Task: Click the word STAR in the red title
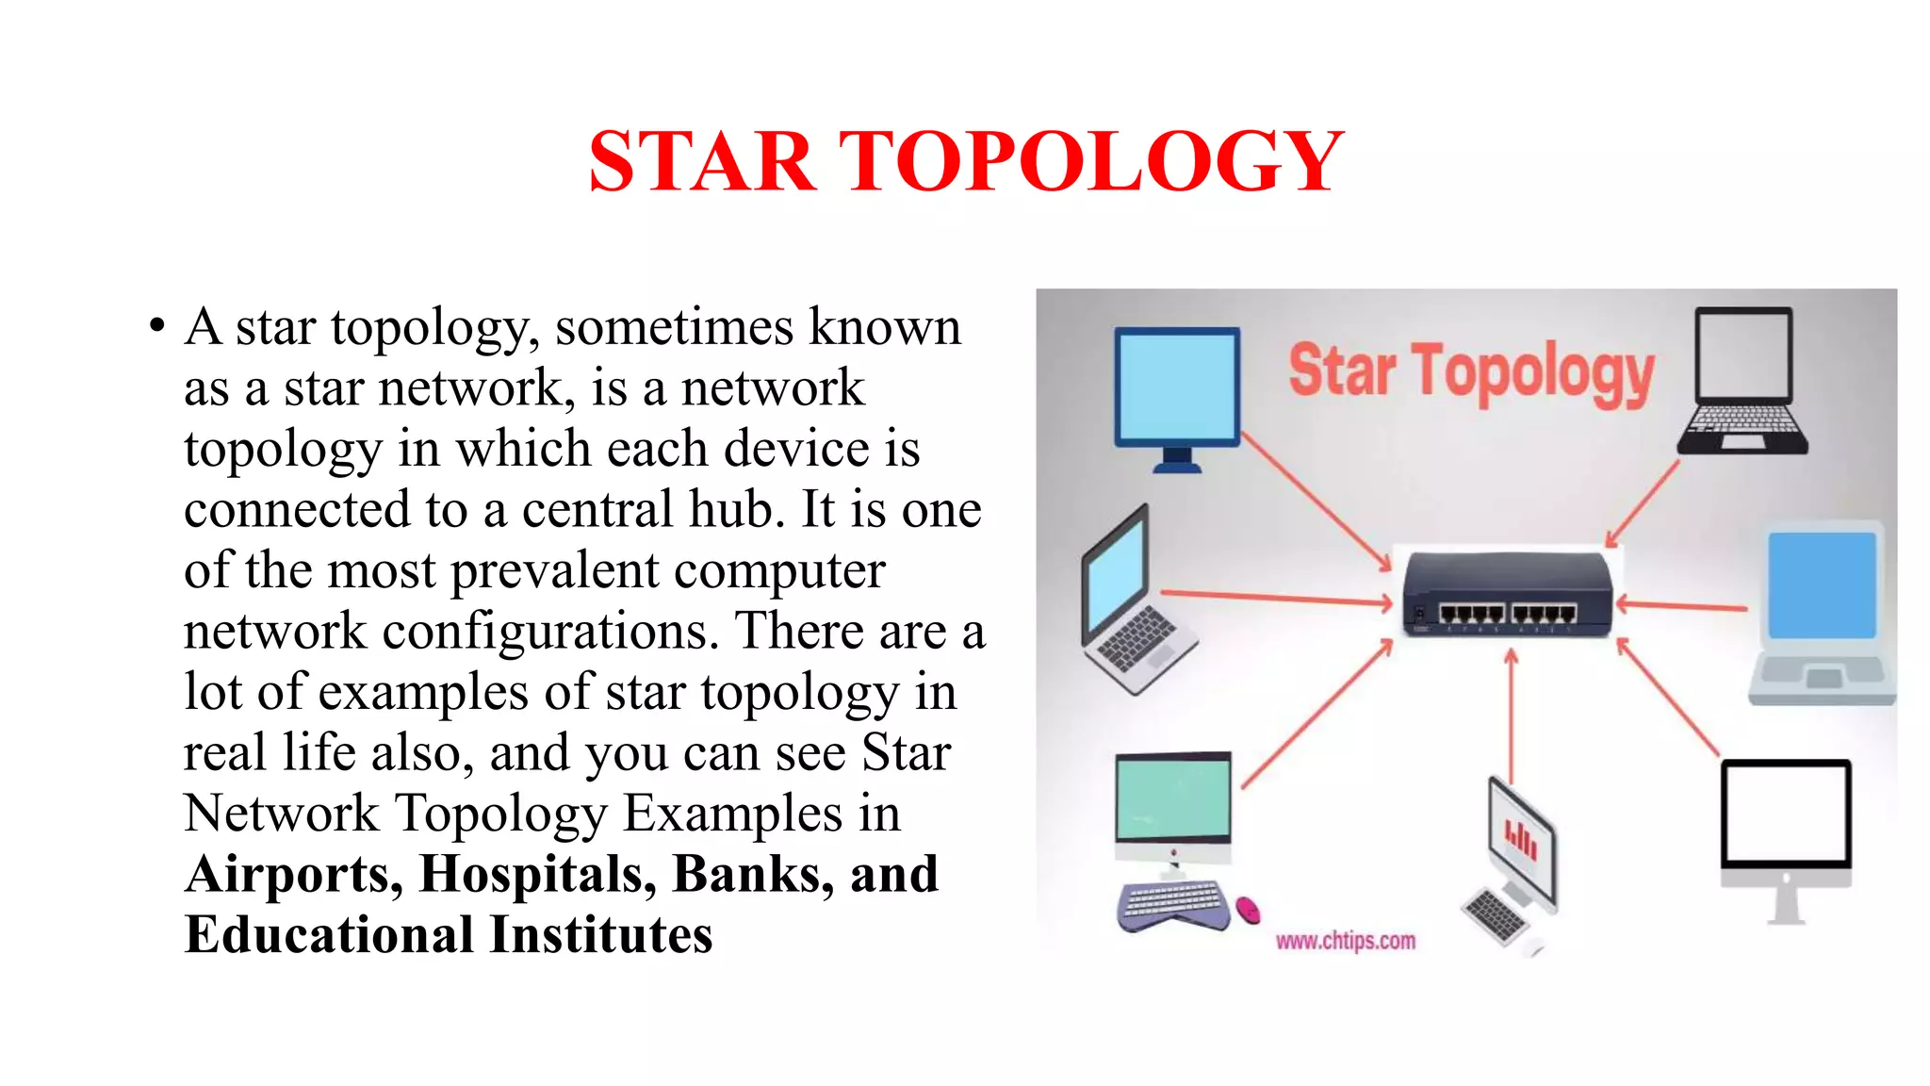point(701,162)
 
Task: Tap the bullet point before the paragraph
point(156,328)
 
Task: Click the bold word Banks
point(752,874)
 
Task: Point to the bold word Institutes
point(600,934)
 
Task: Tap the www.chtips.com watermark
point(1345,941)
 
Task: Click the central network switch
point(1506,595)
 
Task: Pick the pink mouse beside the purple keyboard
point(1248,910)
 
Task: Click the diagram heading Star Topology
point(1470,372)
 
